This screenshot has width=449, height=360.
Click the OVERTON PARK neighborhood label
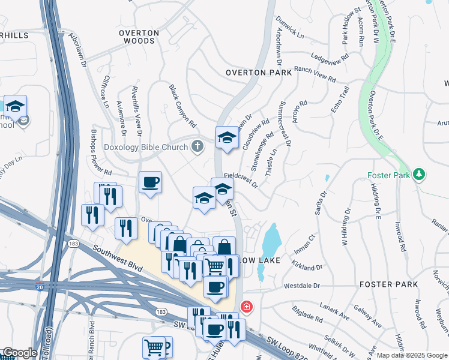point(258,73)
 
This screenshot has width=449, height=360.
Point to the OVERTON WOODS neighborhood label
point(139,37)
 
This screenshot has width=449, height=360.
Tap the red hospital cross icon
point(246,307)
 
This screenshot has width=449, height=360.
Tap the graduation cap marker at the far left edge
point(15,107)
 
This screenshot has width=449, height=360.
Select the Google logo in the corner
point(20,353)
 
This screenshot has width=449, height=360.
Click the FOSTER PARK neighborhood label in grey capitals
point(384,284)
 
